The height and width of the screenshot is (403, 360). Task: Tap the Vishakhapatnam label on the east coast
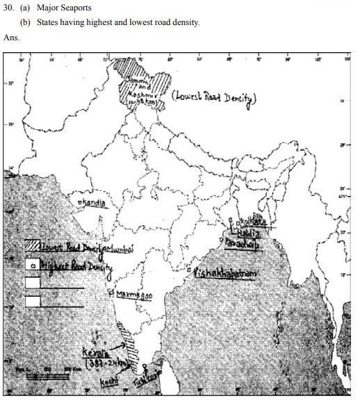click(x=225, y=273)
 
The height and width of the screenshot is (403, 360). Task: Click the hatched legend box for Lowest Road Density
click(x=32, y=246)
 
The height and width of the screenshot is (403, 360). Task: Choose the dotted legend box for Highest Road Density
click(x=32, y=265)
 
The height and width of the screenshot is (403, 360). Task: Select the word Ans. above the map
click(x=12, y=38)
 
